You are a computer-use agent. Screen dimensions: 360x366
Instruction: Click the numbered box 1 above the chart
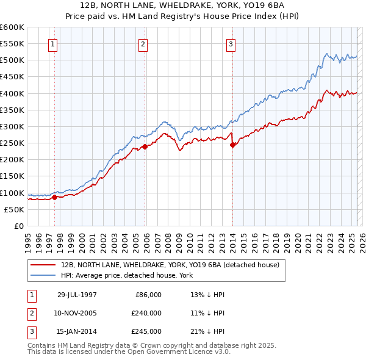[53, 44]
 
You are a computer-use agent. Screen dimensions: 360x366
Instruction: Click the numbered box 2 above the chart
[142, 44]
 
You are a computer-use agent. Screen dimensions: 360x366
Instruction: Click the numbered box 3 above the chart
[231, 44]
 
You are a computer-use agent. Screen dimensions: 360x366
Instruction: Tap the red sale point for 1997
[54, 197]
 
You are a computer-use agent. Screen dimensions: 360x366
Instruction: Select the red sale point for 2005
[145, 146]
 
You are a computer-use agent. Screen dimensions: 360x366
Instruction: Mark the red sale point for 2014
[233, 145]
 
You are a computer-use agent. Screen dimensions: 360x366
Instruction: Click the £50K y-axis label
[13, 209]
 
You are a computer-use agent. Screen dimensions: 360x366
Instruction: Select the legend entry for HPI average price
[126, 275]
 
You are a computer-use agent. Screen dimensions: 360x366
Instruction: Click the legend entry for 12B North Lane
[170, 265]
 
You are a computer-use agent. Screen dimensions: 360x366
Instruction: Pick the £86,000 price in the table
[148, 294]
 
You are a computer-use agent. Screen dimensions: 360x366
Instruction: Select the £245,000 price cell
[146, 331]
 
